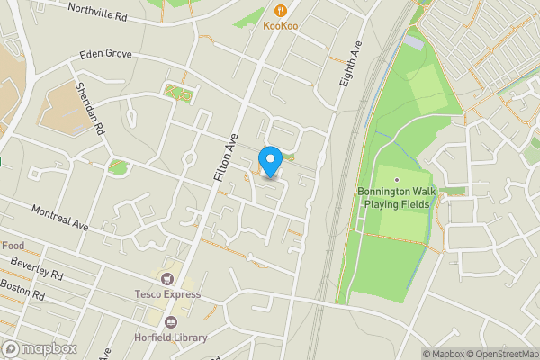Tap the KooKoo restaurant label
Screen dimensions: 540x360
[x=281, y=26]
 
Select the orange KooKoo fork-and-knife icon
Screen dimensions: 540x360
[x=281, y=11]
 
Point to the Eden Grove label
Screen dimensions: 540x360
[x=105, y=54]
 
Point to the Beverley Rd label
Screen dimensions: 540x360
[x=37, y=268]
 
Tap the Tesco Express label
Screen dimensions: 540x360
[x=167, y=294]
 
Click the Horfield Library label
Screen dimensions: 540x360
[x=172, y=337]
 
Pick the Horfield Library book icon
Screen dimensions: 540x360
[x=171, y=321]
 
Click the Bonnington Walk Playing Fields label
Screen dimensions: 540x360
[x=394, y=198]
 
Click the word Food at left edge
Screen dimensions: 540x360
[x=13, y=246]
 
